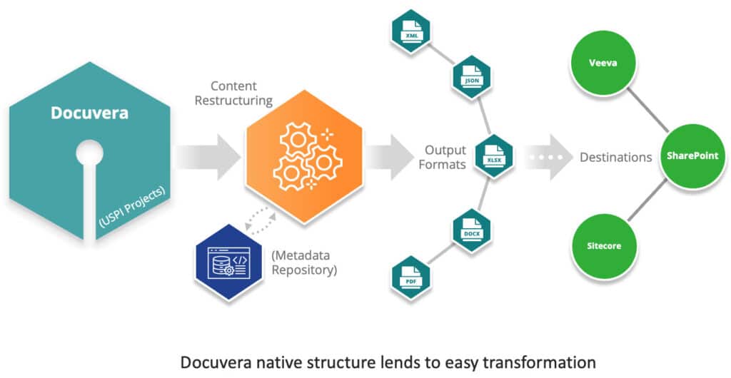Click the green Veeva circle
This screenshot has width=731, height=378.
coord(598,62)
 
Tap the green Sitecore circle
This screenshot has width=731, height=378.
coord(599,246)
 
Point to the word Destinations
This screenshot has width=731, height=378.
coord(616,156)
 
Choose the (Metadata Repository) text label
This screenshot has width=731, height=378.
coord(303,262)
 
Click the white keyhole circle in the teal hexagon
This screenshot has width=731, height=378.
coord(89,152)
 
